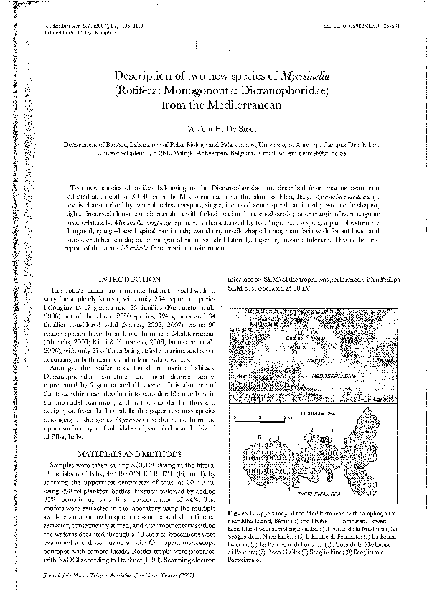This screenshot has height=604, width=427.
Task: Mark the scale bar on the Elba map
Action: (x=255, y=418)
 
